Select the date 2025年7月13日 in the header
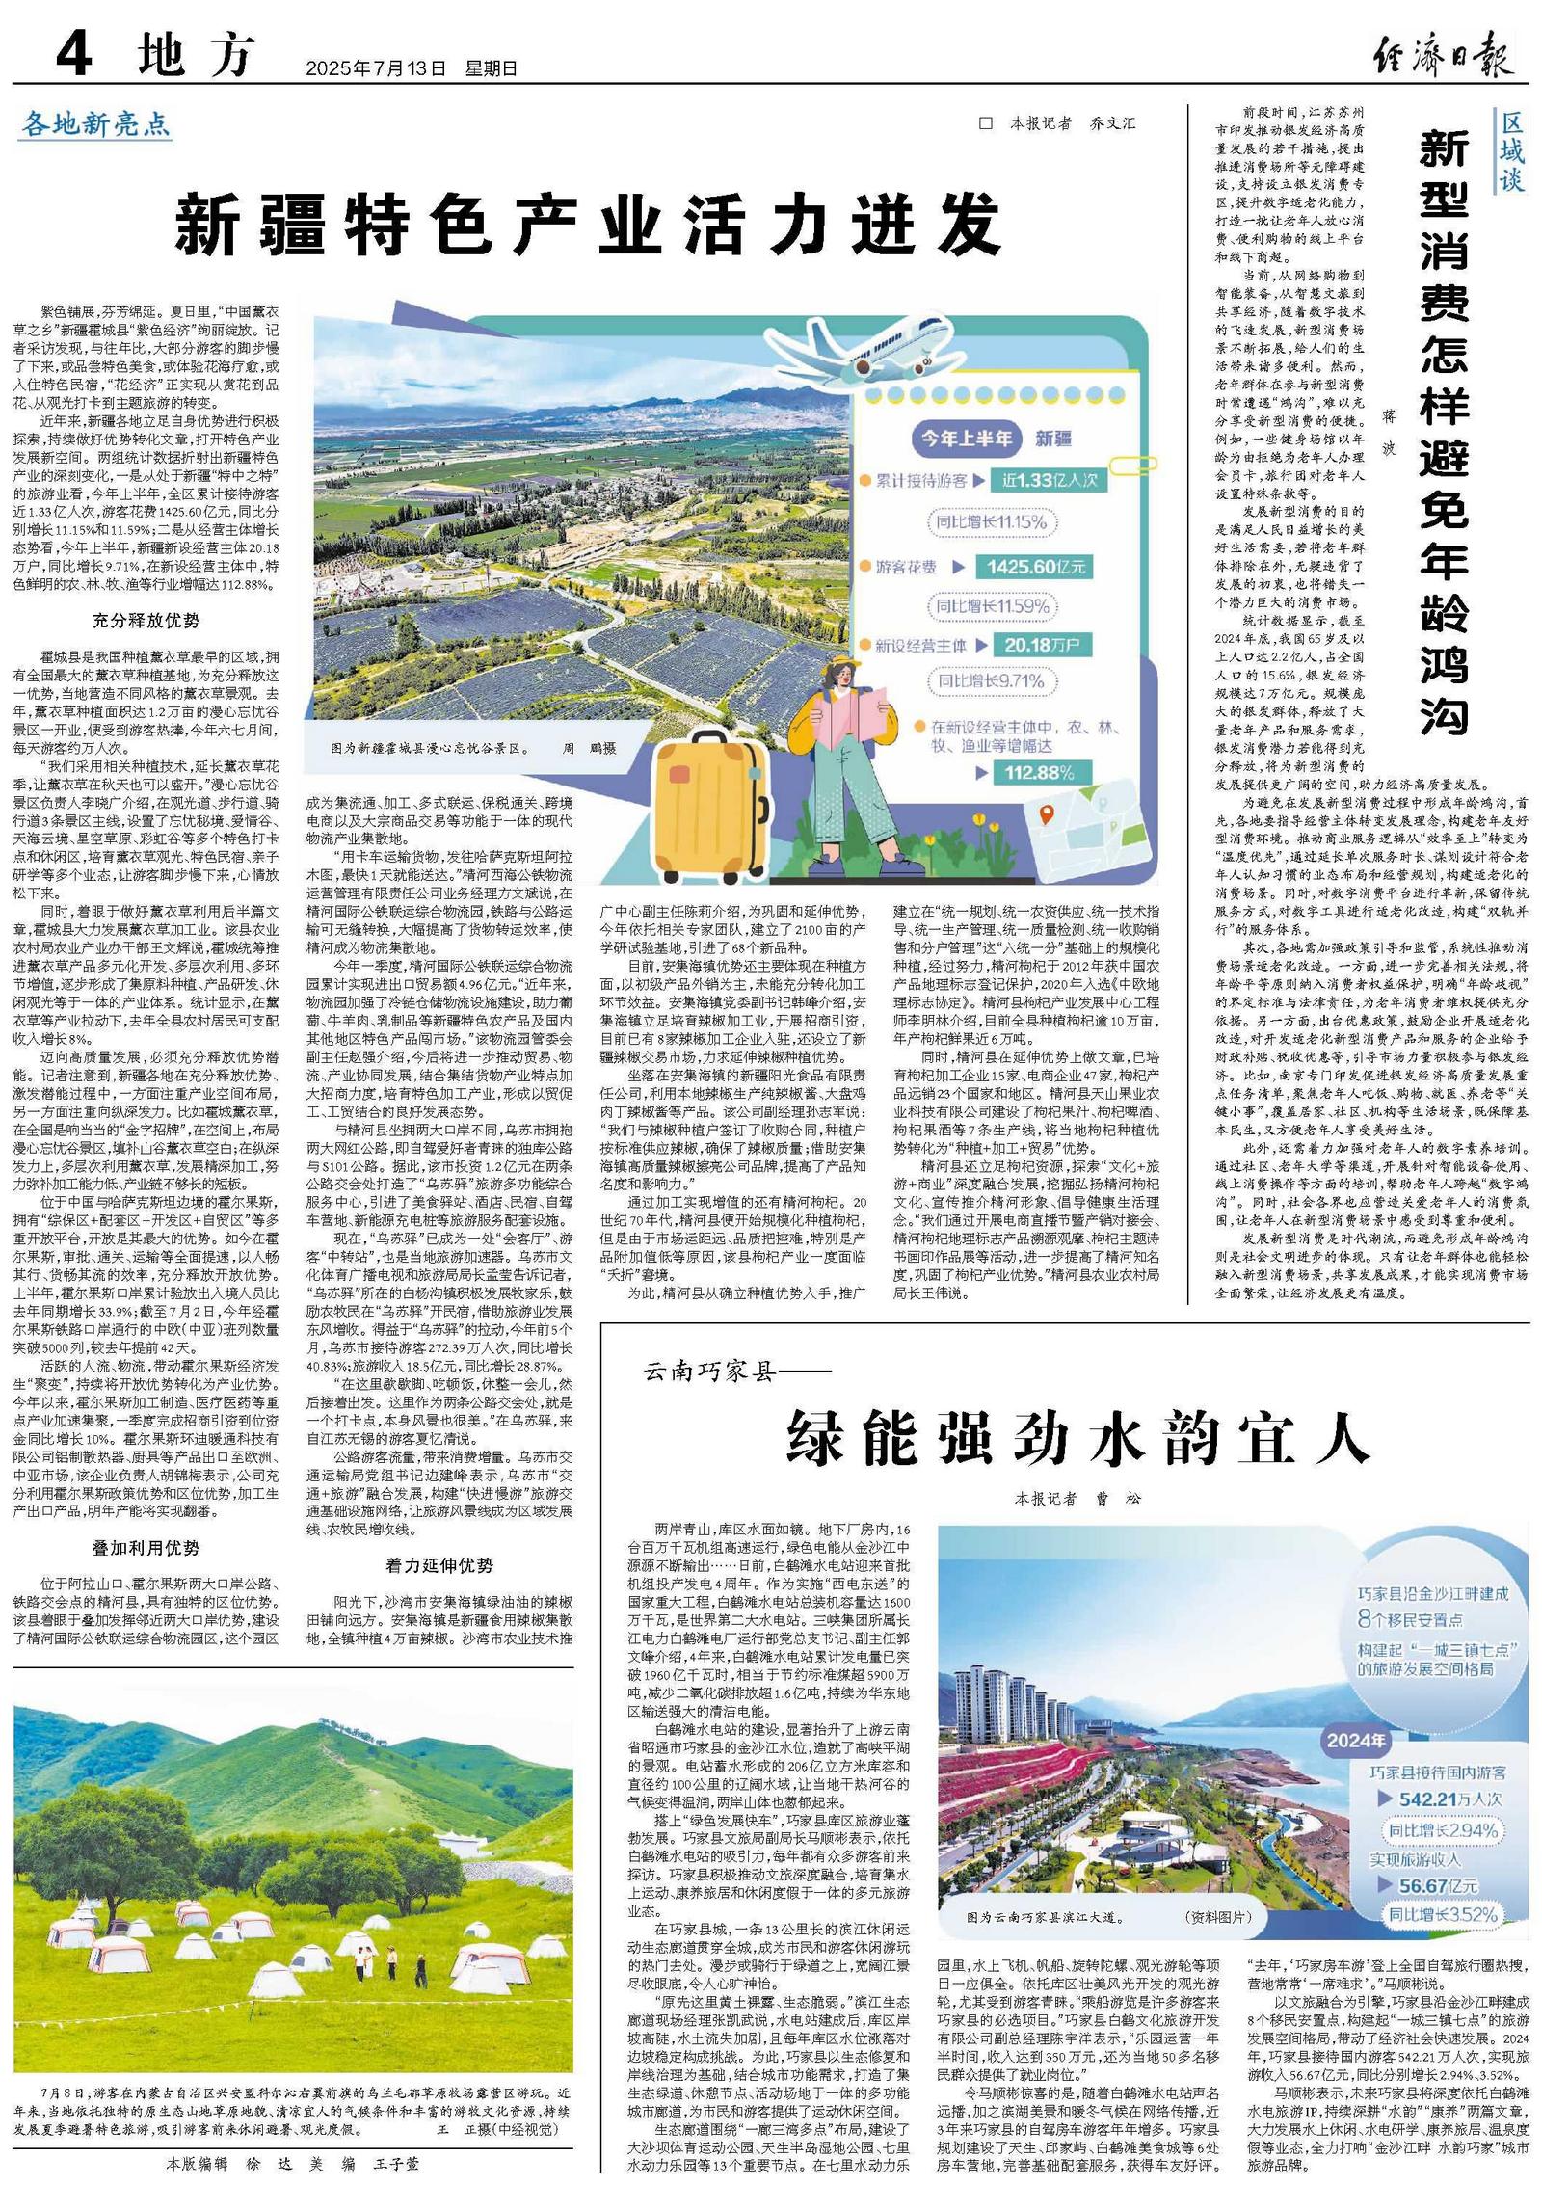tap(377, 68)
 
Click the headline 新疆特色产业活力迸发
tap(587, 224)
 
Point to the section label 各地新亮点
tap(95, 123)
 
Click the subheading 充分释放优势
tap(146, 620)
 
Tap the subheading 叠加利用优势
tap(146, 1548)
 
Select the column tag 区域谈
tap(1511, 152)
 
